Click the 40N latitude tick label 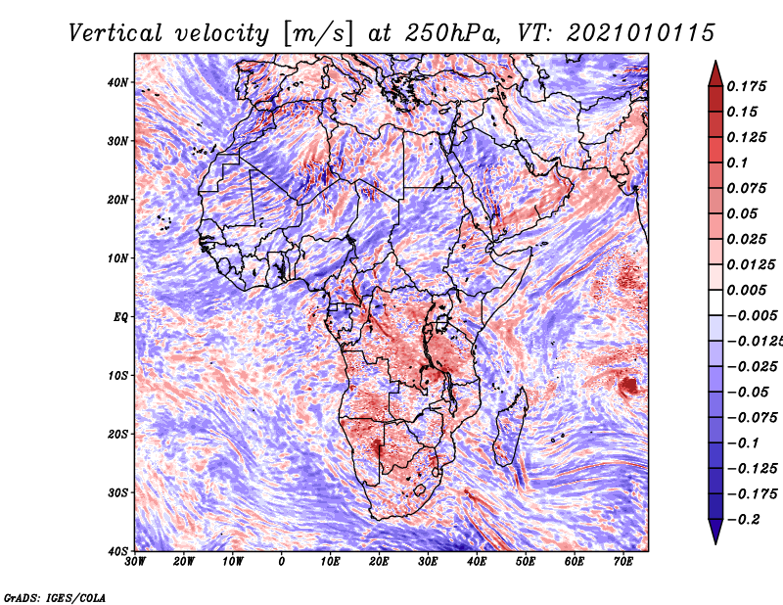[x=117, y=82]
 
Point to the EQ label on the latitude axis [x=120, y=317]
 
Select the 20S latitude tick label [x=117, y=434]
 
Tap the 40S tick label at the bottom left [x=117, y=551]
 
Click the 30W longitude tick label [x=135, y=562]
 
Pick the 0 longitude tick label [x=282, y=562]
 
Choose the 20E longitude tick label [x=379, y=562]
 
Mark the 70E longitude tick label [x=623, y=562]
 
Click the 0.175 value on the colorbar [x=747, y=86]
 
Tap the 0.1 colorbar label [x=738, y=163]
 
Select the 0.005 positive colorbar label [x=747, y=290]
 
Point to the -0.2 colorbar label [x=743, y=519]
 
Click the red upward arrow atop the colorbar [x=715, y=74]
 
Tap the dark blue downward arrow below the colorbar [x=715, y=532]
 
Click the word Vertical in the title [x=115, y=33]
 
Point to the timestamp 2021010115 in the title [x=641, y=33]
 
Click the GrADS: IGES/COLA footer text [x=55, y=597]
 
